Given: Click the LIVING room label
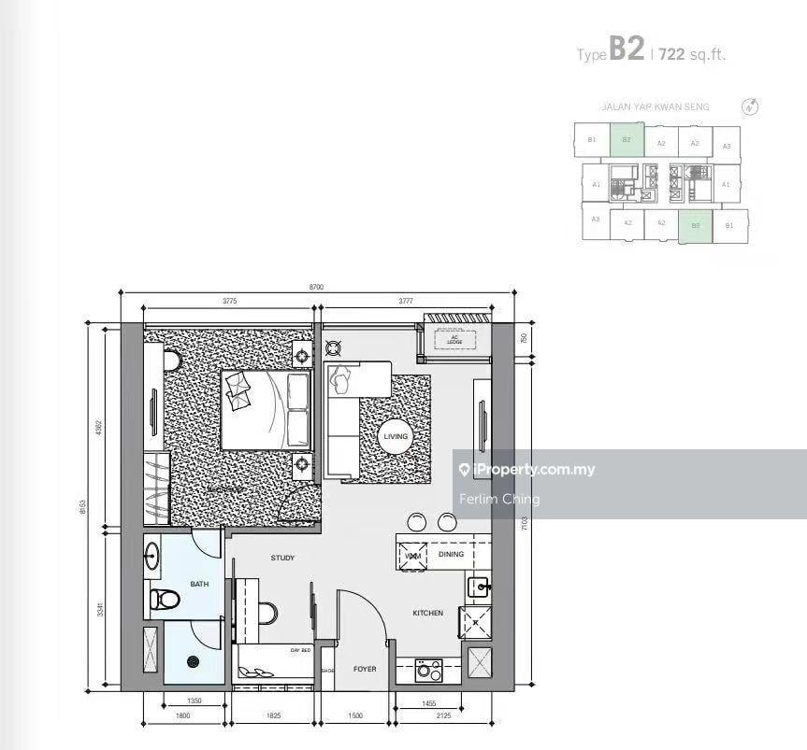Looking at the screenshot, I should click(394, 436).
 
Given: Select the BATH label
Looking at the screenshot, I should click(199, 584).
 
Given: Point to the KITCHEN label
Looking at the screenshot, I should click(428, 613).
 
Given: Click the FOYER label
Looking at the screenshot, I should click(364, 670).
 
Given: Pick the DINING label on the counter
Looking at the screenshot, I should click(451, 555).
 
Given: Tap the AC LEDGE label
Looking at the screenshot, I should click(455, 341).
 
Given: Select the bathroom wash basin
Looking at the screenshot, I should click(153, 558).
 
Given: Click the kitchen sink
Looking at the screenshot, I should click(478, 586).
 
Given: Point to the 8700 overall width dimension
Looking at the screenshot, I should click(316, 289).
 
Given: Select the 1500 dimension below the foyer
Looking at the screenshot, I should click(355, 715).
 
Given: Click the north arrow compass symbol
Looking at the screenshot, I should click(749, 106).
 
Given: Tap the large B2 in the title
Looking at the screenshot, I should click(626, 50).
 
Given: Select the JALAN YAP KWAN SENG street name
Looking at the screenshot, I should click(655, 107).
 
